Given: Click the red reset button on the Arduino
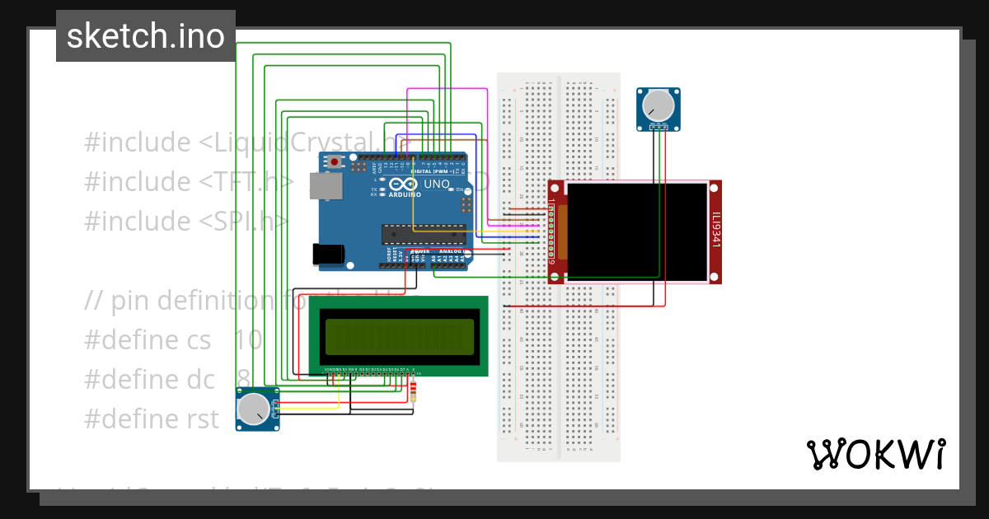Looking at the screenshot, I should pyautogui.click(x=334, y=162).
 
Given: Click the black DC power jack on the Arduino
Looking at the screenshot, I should pyautogui.click(x=327, y=255).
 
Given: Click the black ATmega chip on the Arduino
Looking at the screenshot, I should pyautogui.click(x=423, y=233).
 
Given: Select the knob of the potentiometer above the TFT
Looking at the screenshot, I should pyautogui.click(x=658, y=105).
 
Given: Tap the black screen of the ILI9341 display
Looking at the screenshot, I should pyautogui.click(x=637, y=231).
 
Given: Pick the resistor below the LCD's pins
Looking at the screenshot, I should pyautogui.click(x=413, y=390).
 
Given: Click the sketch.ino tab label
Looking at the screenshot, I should pyautogui.click(x=146, y=36).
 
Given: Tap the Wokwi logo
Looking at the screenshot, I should pyautogui.click(x=876, y=454).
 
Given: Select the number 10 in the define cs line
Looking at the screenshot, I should pyautogui.click(x=247, y=339).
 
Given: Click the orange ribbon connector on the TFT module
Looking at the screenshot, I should pyautogui.click(x=563, y=231).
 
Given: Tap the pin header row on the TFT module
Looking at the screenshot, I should pyautogui.click(x=551, y=231).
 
